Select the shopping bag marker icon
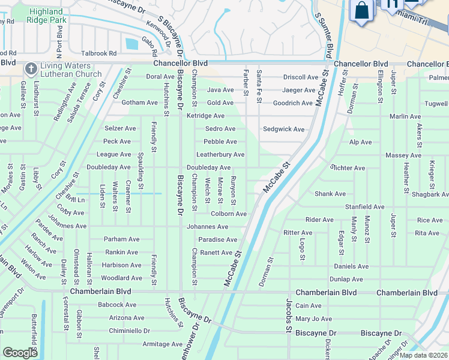coord(361,11)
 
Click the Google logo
coord(20,353)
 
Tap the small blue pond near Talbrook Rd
coord(131,43)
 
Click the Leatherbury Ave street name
coord(220,155)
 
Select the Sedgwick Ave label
coord(283,129)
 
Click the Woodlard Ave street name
coord(121,278)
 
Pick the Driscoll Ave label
coord(301,77)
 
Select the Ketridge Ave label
coord(205,116)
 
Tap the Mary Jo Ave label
coord(313,319)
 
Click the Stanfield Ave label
coord(364,207)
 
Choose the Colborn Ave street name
coord(229,214)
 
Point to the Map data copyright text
coord(424,355)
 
